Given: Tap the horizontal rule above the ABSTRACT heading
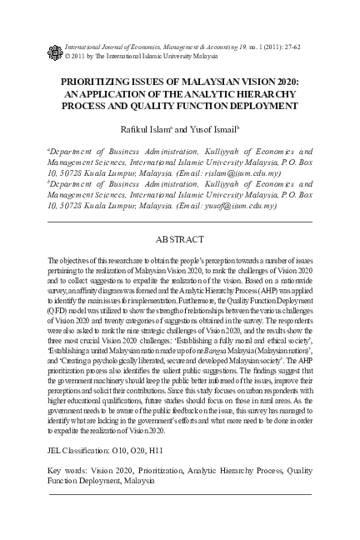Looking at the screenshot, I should tap(179, 222).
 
